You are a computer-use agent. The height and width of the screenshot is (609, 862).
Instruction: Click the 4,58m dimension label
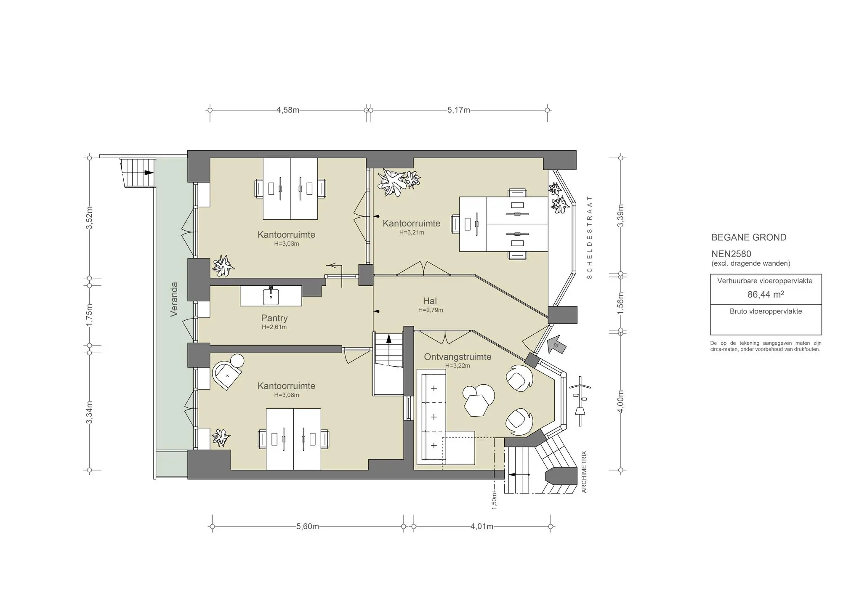click(288, 110)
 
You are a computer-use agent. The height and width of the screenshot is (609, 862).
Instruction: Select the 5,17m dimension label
click(458, 110)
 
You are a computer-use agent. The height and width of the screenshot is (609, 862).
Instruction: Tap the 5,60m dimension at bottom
click(307, 527)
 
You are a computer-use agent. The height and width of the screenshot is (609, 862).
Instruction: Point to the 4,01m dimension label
click(482, 527)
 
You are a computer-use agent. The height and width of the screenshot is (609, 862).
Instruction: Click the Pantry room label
click(274, 318)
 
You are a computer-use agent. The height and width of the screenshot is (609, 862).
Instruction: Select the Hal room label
click(430, 301)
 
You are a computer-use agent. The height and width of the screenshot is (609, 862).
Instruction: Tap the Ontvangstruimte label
click(458, 357)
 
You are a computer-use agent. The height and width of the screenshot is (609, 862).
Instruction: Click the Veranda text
click(174, 299)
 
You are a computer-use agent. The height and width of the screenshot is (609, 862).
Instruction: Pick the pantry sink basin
click(271, 297)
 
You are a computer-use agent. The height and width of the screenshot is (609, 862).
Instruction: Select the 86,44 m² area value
click(765, 295)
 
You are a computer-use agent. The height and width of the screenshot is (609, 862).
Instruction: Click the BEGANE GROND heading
click(748, 237)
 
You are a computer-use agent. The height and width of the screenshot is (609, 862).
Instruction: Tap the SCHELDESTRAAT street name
click(589, 237)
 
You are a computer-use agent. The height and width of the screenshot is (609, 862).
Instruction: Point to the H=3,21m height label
click(412, 232)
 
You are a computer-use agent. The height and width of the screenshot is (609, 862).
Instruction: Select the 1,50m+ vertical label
click(495, 500)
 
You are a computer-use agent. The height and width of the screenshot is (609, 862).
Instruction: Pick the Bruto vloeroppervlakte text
click(766, 311)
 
